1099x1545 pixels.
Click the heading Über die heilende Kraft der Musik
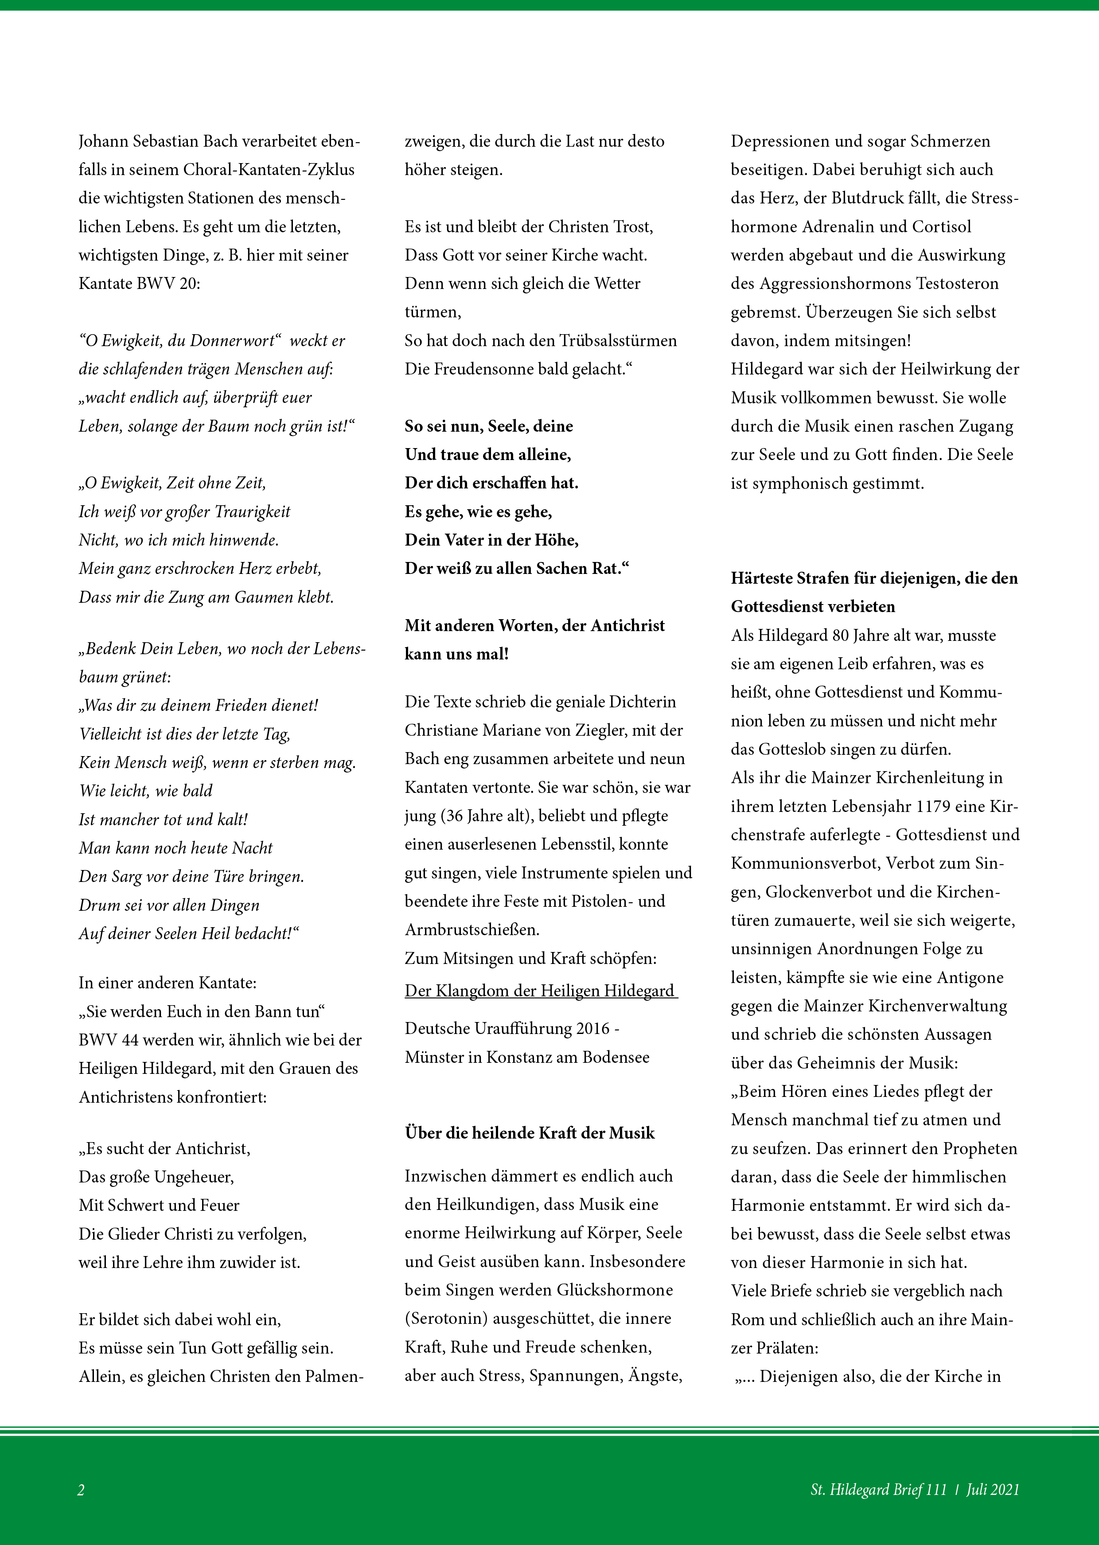[x=529, y=1133]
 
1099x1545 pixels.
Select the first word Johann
[x=105, y=141]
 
